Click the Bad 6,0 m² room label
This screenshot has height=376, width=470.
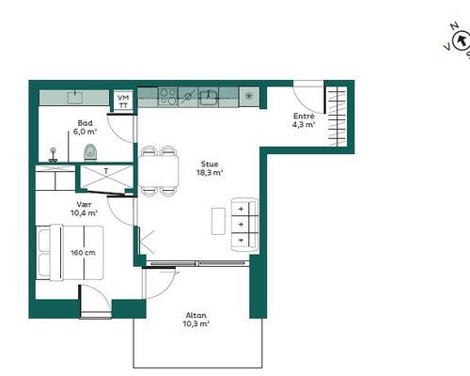tap(85, 127)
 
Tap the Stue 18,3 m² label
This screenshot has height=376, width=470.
tap(210, 168)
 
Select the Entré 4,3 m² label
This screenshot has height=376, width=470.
tap(304, 120)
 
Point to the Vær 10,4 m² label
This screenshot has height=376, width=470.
tap(84, 209)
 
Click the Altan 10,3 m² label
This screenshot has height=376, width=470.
tap(196, 320)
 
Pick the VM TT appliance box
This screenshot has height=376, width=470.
tap(123, 102)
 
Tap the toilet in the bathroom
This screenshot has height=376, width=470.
tap(90, 152)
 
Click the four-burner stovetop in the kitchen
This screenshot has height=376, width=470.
tap(167, 97)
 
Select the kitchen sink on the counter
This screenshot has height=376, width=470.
tap(209, 97)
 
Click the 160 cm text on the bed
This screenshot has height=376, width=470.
tap(83, 253)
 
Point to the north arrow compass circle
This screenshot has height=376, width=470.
tap(462, 40)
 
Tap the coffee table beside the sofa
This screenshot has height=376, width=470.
tap(218, 221)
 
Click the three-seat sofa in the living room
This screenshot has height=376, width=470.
tap(244, 225)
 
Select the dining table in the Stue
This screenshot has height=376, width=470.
tap(159, 171)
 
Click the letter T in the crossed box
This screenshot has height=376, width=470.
tap(106, 171)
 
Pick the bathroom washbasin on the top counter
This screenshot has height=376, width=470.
tap(75, 97)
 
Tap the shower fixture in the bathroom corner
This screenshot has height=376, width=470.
tap(54, 155)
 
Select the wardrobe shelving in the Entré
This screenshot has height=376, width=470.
tap(337, 117)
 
